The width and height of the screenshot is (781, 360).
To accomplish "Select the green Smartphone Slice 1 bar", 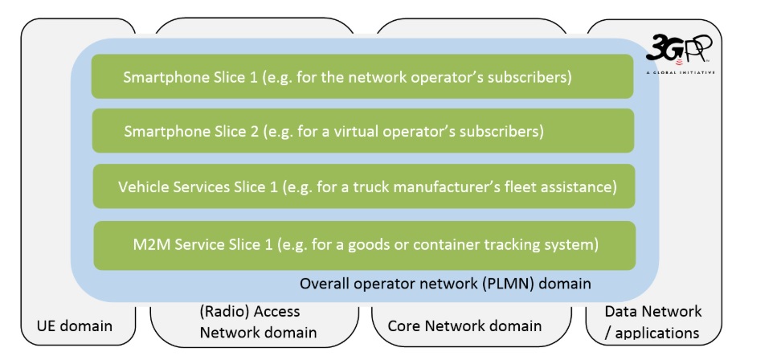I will pyautogui.click(x=362, y=77).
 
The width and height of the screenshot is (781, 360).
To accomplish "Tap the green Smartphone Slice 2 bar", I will pyautogui.click(x=362, y=131).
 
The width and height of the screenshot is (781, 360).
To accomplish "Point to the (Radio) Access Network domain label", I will pyautogui.click(x=258, y=322).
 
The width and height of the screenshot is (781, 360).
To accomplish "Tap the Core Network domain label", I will pyautogui.click(x=464, y=326).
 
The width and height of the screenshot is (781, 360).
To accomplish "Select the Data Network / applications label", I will pyautogui.click(x=652, y=321).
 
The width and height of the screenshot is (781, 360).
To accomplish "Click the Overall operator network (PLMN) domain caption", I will pyautogui.click(x=445, y=284).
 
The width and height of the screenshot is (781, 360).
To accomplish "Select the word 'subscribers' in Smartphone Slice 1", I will pyautogui.click(x=531, y=78).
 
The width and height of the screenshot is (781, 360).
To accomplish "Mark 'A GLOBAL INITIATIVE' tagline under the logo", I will pyautogui.click(x=680, y=72).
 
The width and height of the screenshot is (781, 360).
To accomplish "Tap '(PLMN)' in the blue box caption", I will pyautogui.click(x=517, y=284).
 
